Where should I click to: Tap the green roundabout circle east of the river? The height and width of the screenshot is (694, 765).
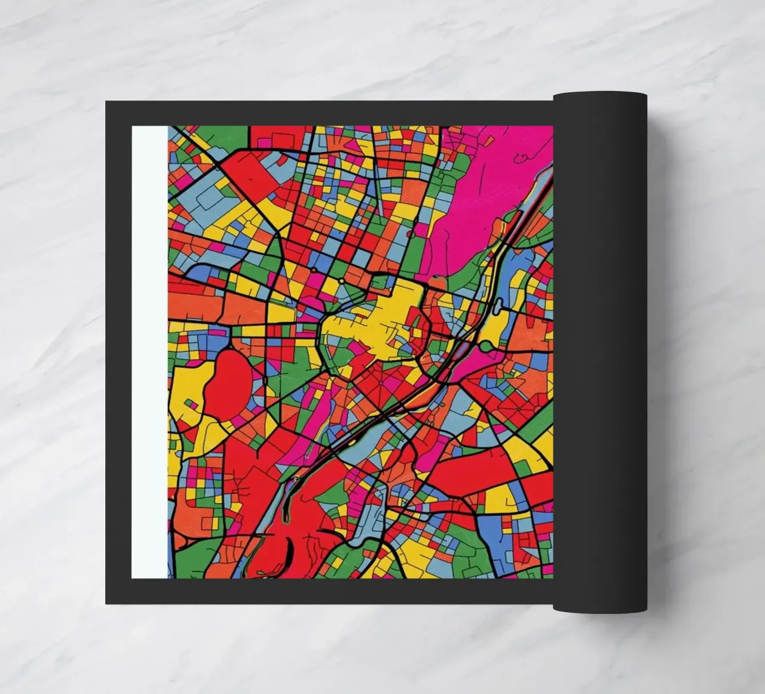point(487,346)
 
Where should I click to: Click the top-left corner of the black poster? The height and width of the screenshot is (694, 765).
point(107,102)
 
